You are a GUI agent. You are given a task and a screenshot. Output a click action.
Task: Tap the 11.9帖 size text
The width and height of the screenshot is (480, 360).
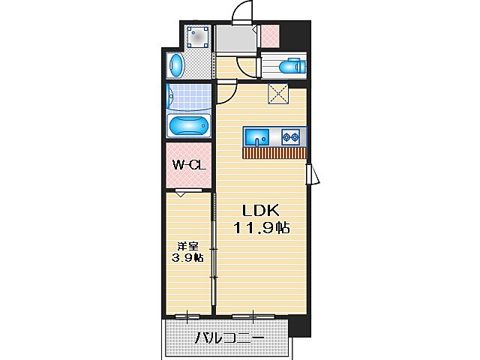260,227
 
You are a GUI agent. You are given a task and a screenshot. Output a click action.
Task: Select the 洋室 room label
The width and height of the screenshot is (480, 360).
187,245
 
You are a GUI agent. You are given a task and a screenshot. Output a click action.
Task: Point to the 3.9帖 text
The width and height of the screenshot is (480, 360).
187,258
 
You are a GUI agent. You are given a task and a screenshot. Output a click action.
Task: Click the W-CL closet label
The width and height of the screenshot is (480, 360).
189,166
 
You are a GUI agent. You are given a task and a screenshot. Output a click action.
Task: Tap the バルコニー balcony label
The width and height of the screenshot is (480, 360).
229,339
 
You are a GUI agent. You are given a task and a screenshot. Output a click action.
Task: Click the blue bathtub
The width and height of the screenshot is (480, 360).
188,126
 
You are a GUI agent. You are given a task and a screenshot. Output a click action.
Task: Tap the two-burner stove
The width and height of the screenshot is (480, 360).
291,137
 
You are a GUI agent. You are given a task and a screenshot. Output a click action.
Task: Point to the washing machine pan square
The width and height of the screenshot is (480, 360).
198,37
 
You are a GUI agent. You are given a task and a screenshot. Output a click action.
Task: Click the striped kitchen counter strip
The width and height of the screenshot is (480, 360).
274,153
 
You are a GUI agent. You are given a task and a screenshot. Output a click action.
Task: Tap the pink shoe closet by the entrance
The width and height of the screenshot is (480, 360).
269,34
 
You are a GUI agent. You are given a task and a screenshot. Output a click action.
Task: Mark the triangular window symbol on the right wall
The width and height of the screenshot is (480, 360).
313,175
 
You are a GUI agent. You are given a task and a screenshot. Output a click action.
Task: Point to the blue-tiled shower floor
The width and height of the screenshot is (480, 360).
188,97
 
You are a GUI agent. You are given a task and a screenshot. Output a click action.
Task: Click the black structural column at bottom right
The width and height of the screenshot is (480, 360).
299,325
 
